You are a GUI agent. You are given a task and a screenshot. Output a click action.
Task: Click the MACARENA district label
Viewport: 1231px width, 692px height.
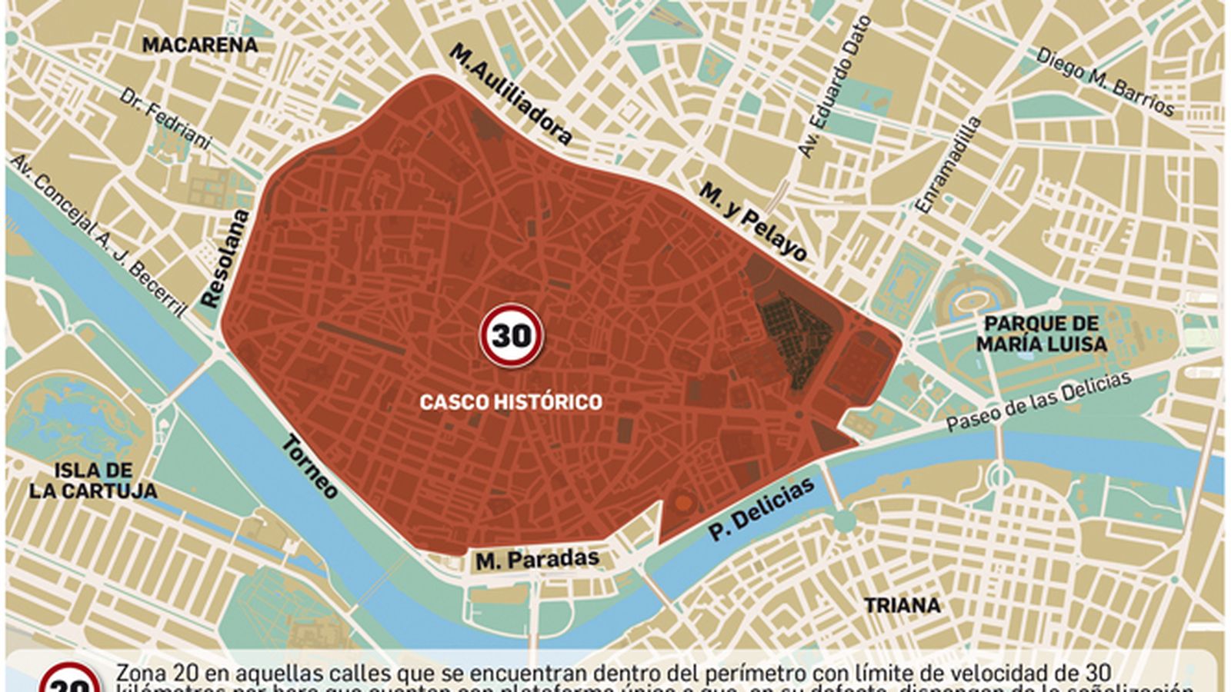tap(200, 45)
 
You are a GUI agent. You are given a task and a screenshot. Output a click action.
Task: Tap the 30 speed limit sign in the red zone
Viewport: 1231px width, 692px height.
tap(512, 335)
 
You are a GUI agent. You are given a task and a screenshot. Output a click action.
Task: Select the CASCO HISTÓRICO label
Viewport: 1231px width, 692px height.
tap(511, 401)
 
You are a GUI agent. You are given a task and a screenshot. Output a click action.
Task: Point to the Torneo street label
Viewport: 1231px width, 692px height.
tap(309, 466)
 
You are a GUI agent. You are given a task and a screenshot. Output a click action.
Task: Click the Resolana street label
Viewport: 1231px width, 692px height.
tap(225, 258)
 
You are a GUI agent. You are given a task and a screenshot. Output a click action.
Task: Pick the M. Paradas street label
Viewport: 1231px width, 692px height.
tap(537, 560)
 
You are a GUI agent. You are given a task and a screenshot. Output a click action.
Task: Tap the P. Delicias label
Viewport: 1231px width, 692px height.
tap(762, 508)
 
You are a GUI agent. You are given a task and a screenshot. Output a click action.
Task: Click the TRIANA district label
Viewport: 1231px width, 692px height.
tap(902, 606)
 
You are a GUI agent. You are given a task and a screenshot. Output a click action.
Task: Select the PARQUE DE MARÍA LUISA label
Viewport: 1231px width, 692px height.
tap(1042, 334)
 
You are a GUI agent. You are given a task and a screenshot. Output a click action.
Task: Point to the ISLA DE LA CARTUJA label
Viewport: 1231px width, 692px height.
tap(93, 481)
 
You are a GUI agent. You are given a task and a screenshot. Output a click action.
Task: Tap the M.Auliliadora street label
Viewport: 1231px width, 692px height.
tap(511, 94)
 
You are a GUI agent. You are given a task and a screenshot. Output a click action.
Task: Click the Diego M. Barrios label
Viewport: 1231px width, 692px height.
tap(1105, 82)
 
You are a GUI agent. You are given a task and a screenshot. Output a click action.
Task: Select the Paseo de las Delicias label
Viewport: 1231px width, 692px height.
tap(1039, 401)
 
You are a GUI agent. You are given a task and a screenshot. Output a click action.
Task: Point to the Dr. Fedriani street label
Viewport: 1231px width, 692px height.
tap(165, 118)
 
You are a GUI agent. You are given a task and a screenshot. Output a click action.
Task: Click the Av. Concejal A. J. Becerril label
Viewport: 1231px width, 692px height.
tap(98, 235)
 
